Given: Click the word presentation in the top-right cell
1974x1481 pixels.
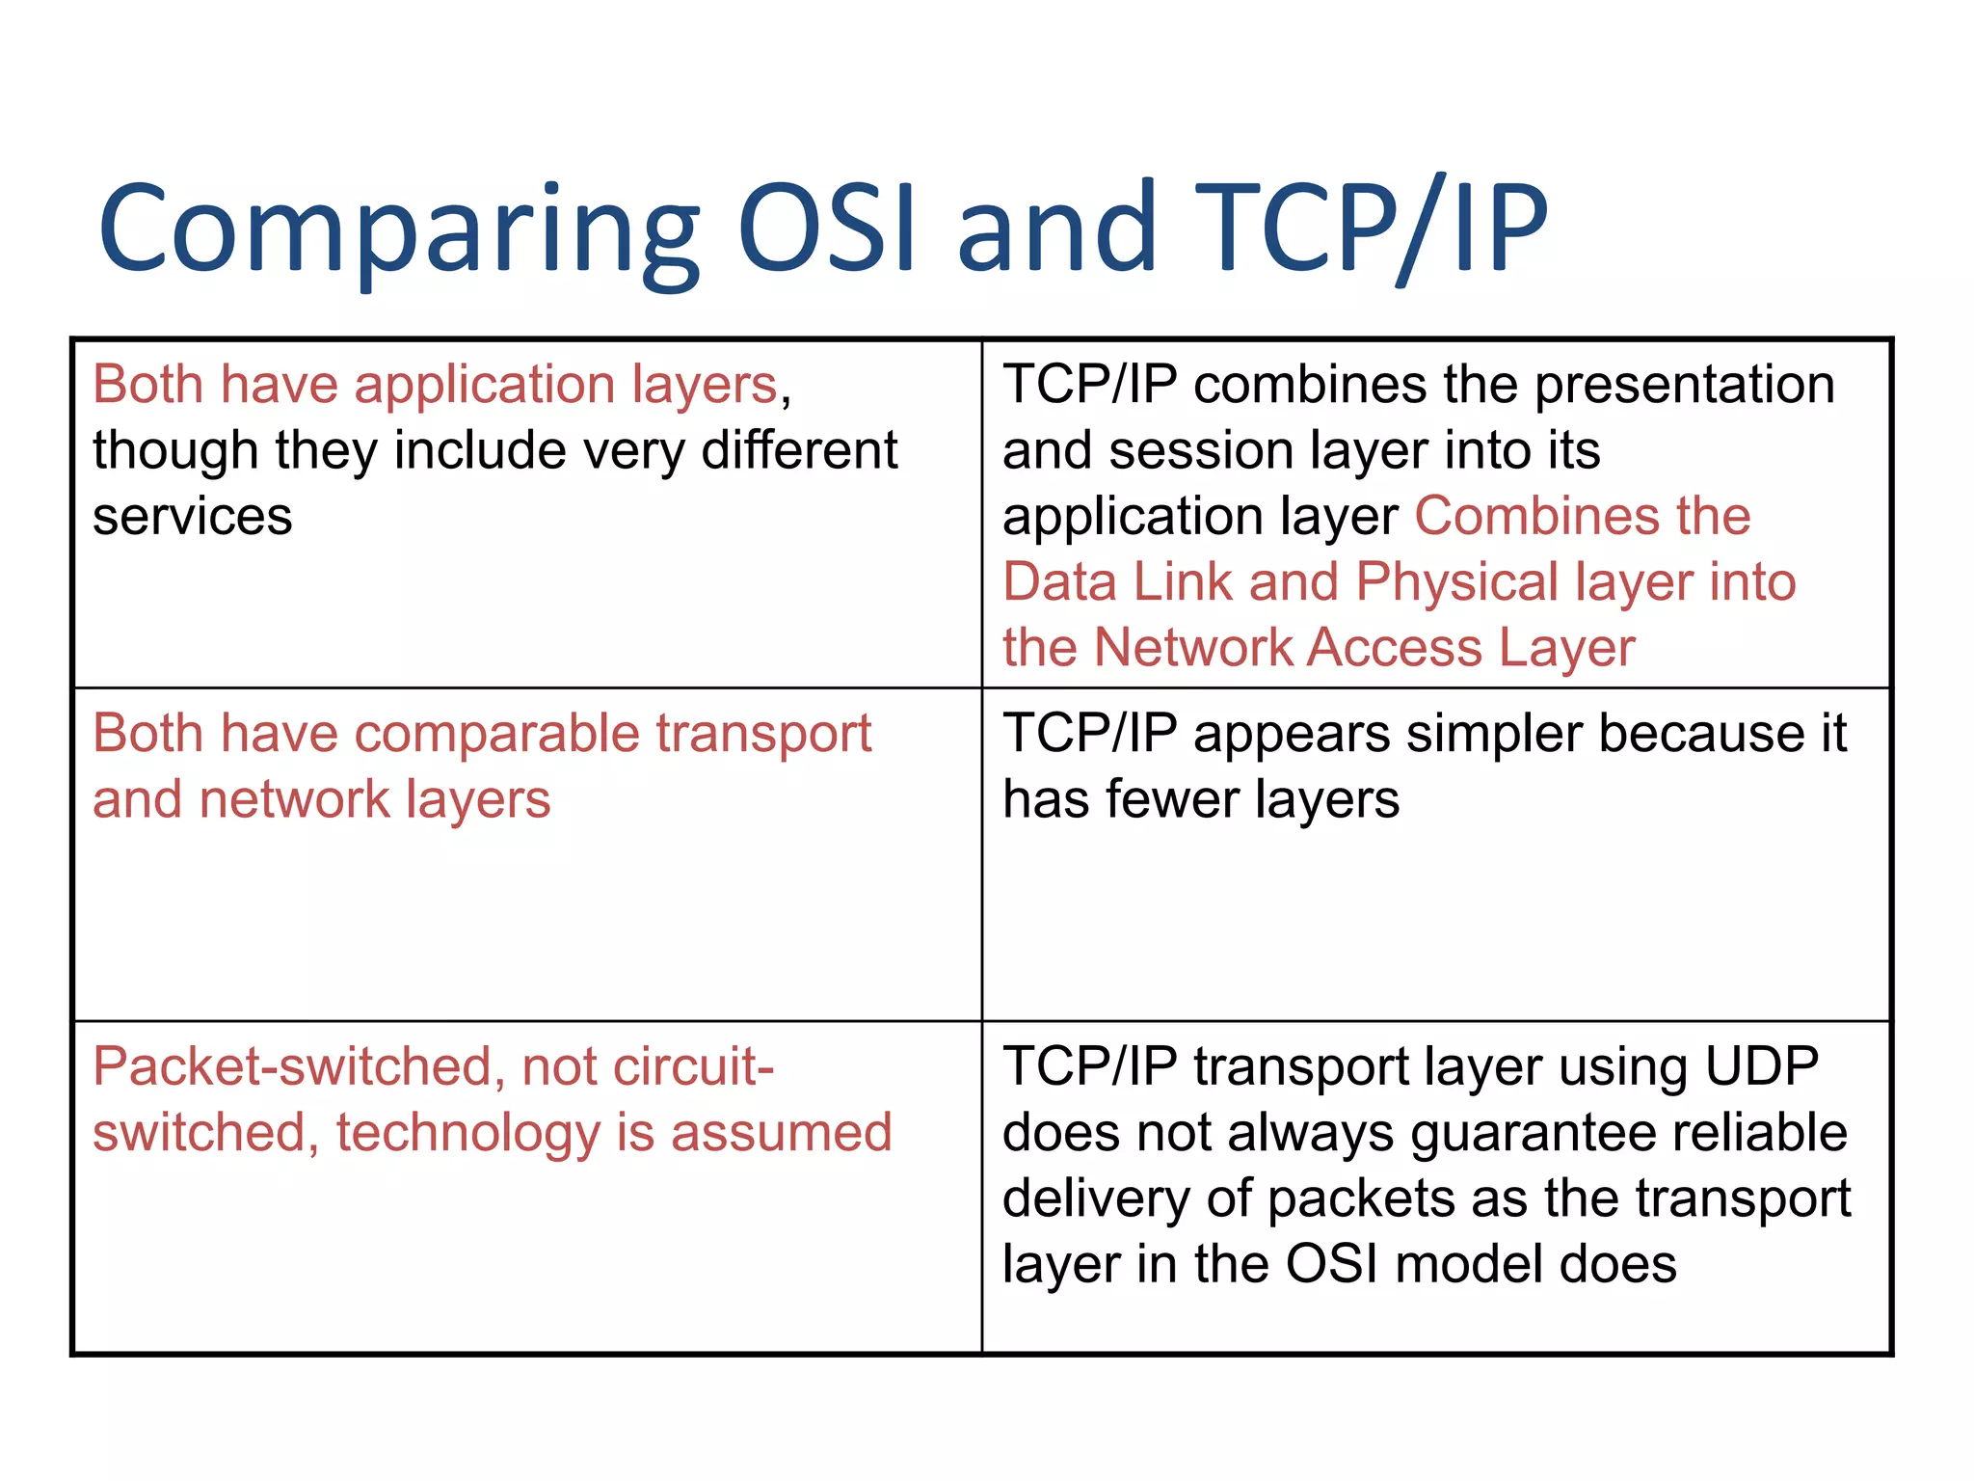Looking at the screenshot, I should pos(1684,385).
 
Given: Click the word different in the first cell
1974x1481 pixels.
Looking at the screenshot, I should pos(799,450).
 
